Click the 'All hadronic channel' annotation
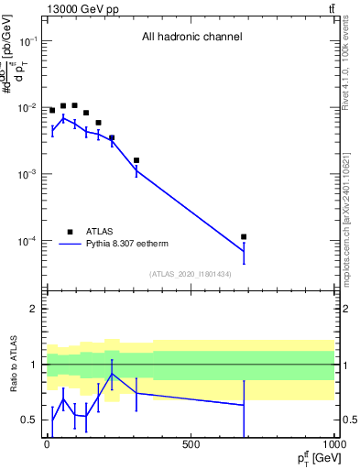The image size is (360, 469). tap(191, 38)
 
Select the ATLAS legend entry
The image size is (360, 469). tap(98, 232)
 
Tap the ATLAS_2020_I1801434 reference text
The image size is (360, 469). tap(190, 274)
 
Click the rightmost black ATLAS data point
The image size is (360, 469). tap(244, 237)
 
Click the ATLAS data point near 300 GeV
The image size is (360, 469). tap(136, 160)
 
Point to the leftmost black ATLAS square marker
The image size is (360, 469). tap(52, 110)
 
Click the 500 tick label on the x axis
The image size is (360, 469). tap(191, 445)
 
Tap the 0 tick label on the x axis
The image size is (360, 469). tap(47, 445)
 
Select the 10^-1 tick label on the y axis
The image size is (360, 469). tap(28, 41)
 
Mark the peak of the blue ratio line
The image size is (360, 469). tap(112, 374)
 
